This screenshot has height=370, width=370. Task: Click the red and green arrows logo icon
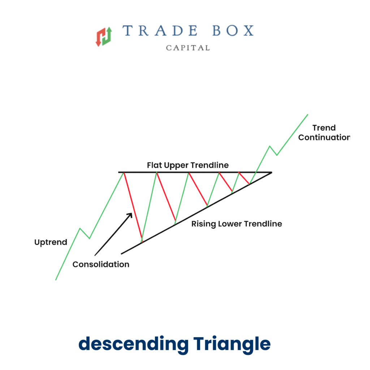click(x=104, y=36)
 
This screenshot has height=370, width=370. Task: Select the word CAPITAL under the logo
click(x=188, y=48)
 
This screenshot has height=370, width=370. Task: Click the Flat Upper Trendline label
click(x=188, y=165)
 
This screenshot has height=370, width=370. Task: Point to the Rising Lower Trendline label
click(x=236, y=224)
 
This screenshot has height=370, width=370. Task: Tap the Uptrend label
click(x=51, y=242)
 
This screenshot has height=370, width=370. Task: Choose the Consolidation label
click(x=101, y=264)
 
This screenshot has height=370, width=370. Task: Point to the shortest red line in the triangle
click(x=244, y=178)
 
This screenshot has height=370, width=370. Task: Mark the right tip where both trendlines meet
click(x=271, y=173)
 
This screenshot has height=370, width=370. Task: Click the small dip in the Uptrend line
click(x=89, y=238)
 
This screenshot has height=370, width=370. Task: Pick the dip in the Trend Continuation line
click(x=277, y=155)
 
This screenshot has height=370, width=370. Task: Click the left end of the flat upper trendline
click(x=119, y=173)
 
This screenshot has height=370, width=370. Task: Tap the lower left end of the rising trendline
click(x=121, y=254)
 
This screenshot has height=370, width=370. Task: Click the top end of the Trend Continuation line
click(x=307, y=115)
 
